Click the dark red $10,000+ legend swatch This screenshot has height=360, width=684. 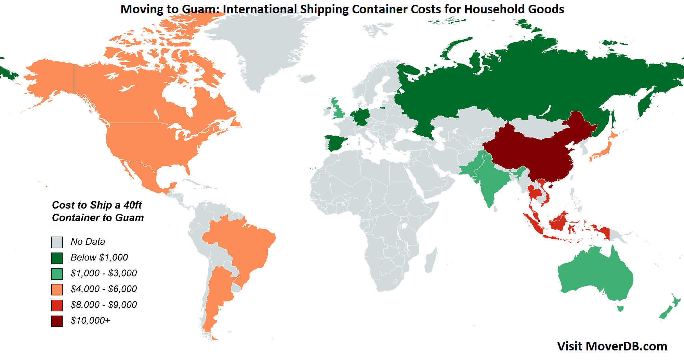click(57, 321)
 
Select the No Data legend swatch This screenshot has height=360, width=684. click(57, 242)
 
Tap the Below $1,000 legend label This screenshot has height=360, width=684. click(99, 257)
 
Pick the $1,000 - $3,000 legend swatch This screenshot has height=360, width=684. click(57, 274)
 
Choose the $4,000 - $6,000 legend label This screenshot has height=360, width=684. click(104, 289)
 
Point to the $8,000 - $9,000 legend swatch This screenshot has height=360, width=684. click(57, 305)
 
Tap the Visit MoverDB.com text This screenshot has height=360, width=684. click(612, 346)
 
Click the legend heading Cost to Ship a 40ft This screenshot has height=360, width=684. click(97, 205)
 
